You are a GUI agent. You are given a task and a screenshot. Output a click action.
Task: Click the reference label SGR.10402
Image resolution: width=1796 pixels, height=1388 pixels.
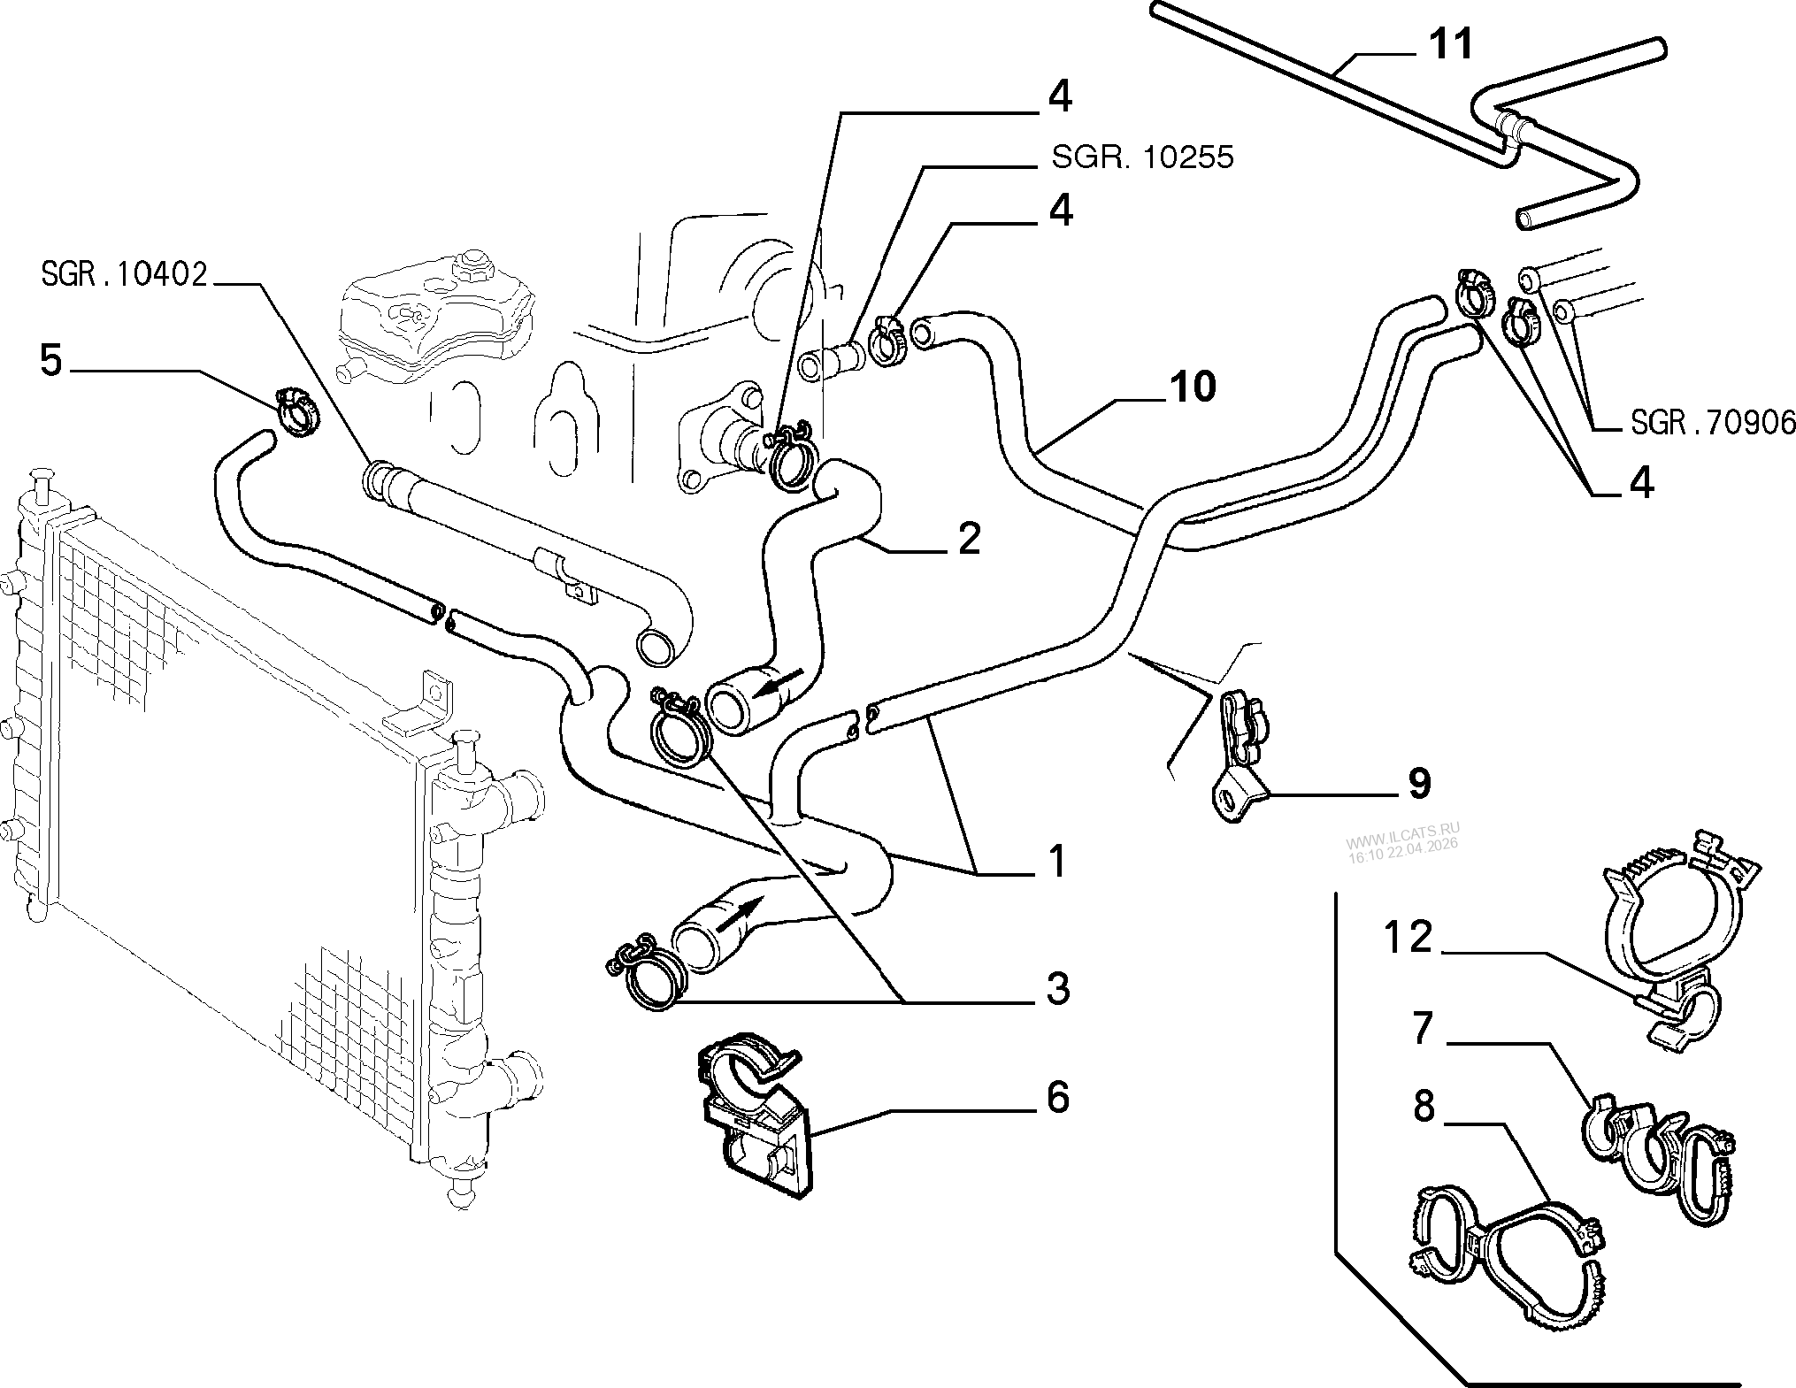124,275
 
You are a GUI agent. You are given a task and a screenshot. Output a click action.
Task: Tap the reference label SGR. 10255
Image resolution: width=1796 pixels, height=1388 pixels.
1141,157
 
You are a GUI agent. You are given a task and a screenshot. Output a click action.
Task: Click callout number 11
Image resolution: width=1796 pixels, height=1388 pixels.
1451,43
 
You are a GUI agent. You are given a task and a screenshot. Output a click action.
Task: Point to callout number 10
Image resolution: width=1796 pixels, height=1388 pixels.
1192,387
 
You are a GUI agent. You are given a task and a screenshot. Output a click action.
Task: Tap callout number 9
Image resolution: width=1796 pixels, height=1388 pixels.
1418,784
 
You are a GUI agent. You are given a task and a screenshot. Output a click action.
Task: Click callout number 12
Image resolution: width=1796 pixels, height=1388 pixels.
1408,937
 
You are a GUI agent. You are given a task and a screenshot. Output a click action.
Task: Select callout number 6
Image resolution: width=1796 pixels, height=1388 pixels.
1058,1098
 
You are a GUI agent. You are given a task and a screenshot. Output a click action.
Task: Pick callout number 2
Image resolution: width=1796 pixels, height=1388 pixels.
970,538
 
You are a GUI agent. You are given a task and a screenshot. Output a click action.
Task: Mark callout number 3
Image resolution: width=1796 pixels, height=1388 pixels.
1058,988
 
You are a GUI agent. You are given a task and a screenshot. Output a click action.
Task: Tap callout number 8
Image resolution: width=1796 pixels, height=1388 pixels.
1424,1107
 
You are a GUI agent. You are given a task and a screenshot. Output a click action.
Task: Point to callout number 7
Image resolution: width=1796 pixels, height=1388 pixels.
1422,1030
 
